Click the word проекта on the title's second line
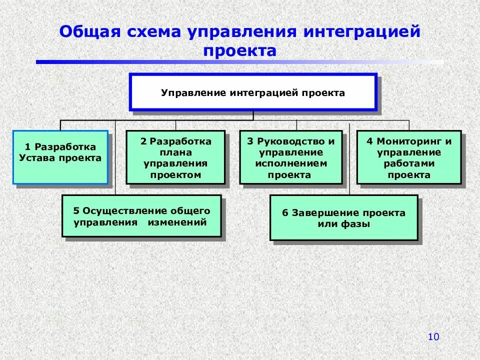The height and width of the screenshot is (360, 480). click(240, 51)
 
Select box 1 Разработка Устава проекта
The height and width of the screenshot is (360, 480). click(60, 157)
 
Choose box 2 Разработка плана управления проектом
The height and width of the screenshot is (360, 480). click(175, 157)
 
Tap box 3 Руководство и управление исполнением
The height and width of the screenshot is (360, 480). click(290, 157)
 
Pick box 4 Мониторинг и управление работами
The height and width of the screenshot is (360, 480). click(408, 157)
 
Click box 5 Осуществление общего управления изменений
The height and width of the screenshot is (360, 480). click(141, 216)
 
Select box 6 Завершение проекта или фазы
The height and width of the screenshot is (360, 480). click(343, 218)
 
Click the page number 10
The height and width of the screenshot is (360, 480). click(433, 337)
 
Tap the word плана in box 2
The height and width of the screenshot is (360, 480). click(176, 152)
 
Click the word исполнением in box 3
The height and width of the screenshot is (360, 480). click(291, 163)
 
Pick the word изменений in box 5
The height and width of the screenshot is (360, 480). click(177, 222)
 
